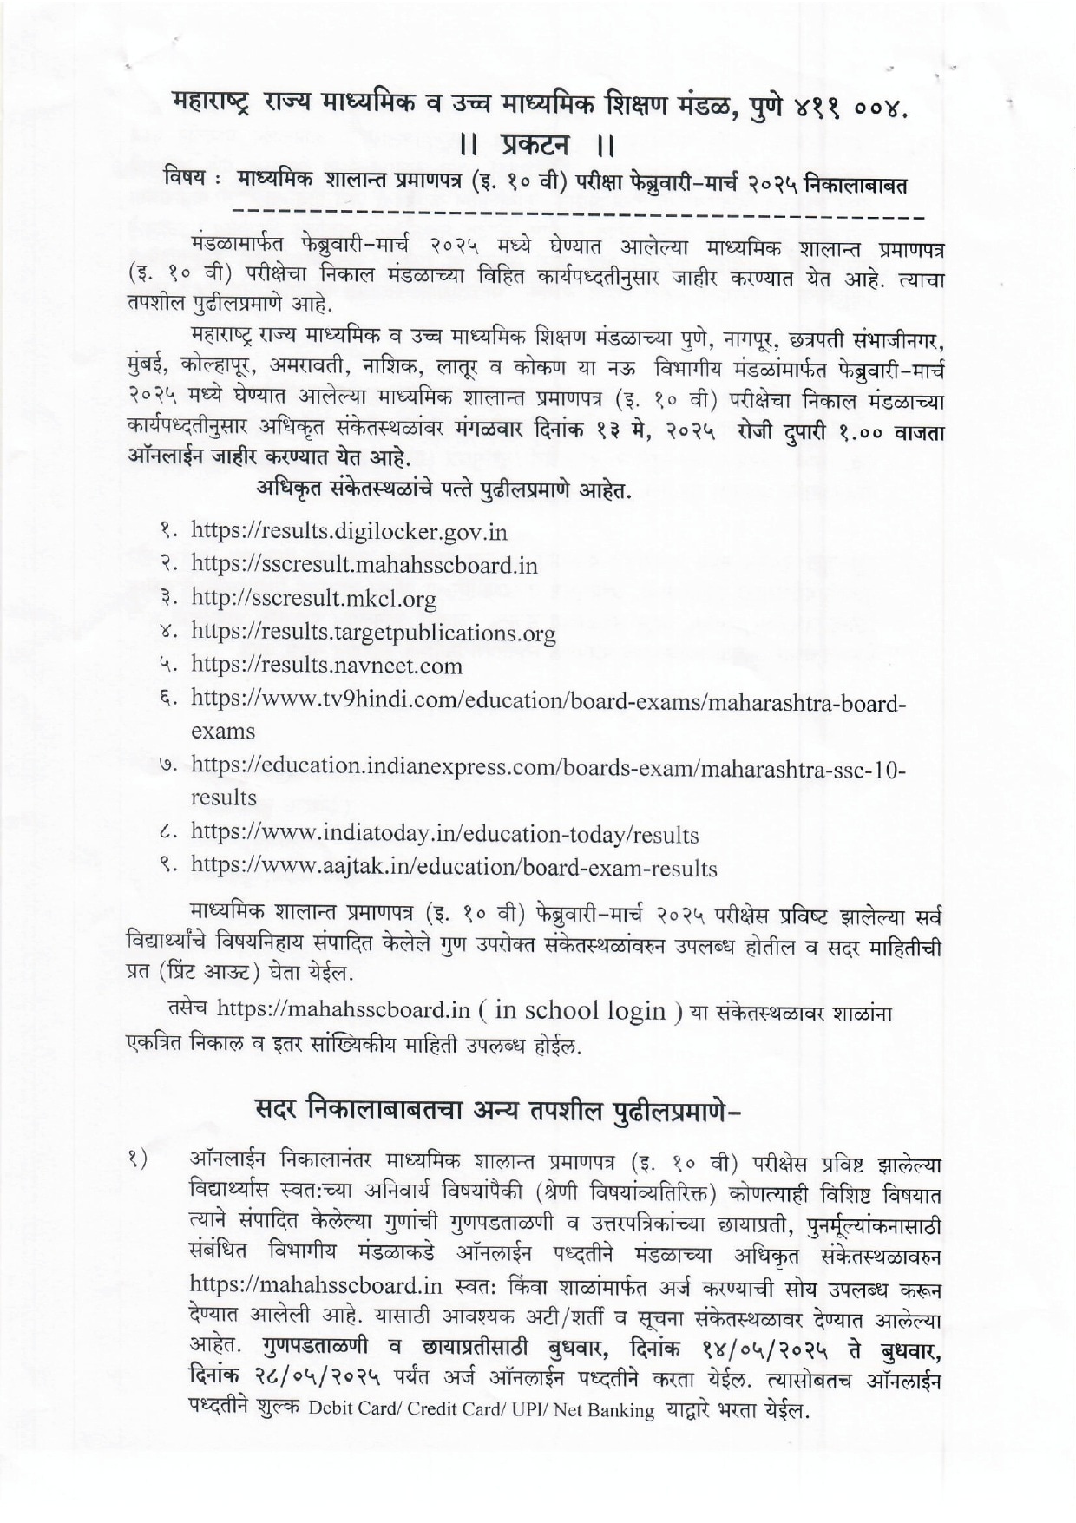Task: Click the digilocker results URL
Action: (349, 531)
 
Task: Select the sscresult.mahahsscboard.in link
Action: (364, 565)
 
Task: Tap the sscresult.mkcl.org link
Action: (313, 599)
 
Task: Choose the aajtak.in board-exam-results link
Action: (454, 868)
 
